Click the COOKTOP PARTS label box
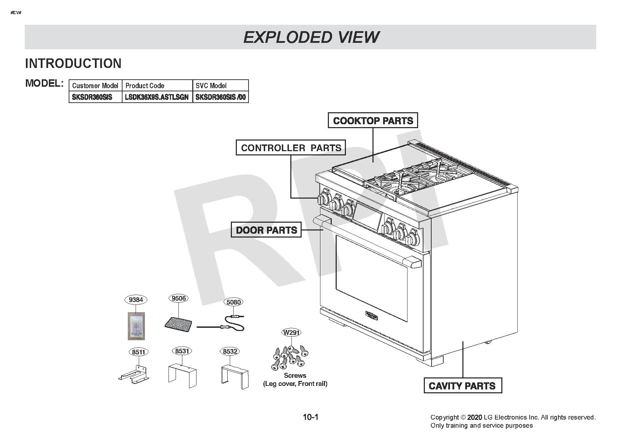[373, 120]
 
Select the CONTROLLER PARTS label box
[291, 148]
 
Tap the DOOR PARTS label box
[266, 230]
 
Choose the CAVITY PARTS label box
[462, 386]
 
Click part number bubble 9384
[136, 300]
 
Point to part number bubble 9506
[178, 298]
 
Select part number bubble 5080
[233, 302]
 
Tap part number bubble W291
[291, 332]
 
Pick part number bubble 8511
[138, 352]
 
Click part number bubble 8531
[182, 351]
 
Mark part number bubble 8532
[230, 351]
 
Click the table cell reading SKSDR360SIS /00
[221, 97]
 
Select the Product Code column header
[157, 86]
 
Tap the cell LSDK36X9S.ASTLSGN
[157, 97]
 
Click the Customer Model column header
[96, 86]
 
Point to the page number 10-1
[310, 417]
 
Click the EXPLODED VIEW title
[311, 37]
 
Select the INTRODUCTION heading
[73, 63]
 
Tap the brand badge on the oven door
[371, 315]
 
